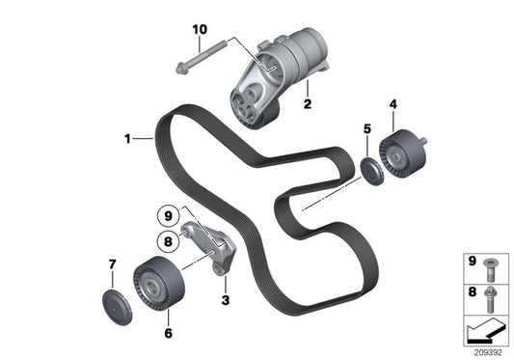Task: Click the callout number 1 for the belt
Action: [x=127, y=139]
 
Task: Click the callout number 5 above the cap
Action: [x=365, y=128]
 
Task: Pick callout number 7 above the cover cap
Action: [x=112, y=263]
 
